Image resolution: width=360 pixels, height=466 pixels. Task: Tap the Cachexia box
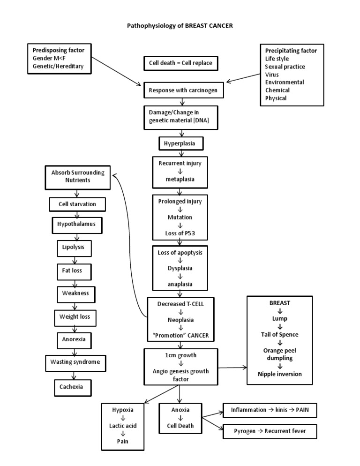click(x=72, y=387)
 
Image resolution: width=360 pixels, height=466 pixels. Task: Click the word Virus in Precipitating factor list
click(x=271, y=74)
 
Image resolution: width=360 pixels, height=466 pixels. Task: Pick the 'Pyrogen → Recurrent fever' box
click(x=269, y=430)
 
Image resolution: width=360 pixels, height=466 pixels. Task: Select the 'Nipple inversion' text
click(x=280, y=374)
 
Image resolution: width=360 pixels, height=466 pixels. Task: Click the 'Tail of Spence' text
click(x=280, y=334)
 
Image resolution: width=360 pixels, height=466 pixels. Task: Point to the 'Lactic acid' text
click(x=123, y=425)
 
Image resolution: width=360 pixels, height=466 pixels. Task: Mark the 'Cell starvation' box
click(x=77, y=204)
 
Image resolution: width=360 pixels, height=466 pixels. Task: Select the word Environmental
click(x=285, y=82)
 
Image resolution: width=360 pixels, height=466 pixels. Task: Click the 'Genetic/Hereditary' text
click(x=58, y=66)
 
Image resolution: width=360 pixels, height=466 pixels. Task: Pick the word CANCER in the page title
click(x=218, y=26)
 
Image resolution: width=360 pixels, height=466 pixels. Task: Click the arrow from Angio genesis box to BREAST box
click(x=232, y=368)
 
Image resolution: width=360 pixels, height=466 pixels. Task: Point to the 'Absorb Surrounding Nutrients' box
click(x=77, y=176)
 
